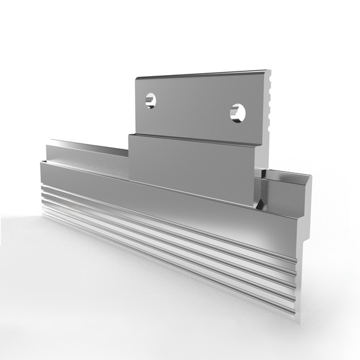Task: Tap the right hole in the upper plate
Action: pyautogui.click(x=239, y=112)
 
